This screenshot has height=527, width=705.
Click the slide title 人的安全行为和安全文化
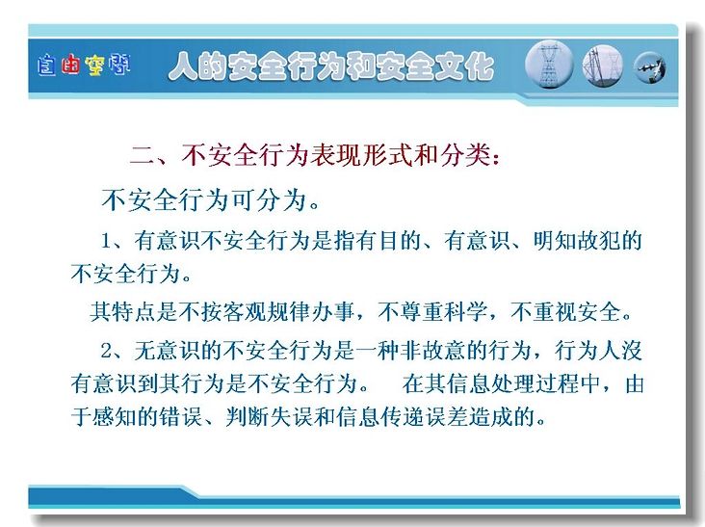point(331,66)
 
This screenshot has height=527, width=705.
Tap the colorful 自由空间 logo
point(84,66)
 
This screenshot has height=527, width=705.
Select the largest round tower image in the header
point(549,65)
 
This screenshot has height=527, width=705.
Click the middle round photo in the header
point(603,66)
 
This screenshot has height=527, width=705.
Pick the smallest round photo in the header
point(650,67)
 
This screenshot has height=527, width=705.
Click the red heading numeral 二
point(143,155)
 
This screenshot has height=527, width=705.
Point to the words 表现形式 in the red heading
point(360,155)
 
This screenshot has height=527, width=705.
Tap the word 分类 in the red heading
point(464,155)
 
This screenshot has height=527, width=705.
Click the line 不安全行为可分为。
point(210,200)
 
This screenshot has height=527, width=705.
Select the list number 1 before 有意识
point(106,242)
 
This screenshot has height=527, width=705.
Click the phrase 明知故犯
point(577,241)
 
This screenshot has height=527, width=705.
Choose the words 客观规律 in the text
point(266,311)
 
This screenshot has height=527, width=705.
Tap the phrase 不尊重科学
point(432,311)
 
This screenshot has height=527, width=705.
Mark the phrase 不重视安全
point(565,311)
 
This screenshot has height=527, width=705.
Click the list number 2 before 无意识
point(107,351)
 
